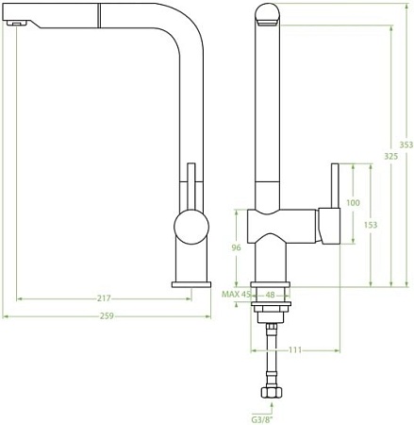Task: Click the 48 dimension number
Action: pos(271,295)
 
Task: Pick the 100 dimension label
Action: pos(354,203)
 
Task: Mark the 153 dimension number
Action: pos(371,225)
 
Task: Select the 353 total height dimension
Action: pos(406,144)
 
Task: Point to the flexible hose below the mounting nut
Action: pos(272,354)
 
